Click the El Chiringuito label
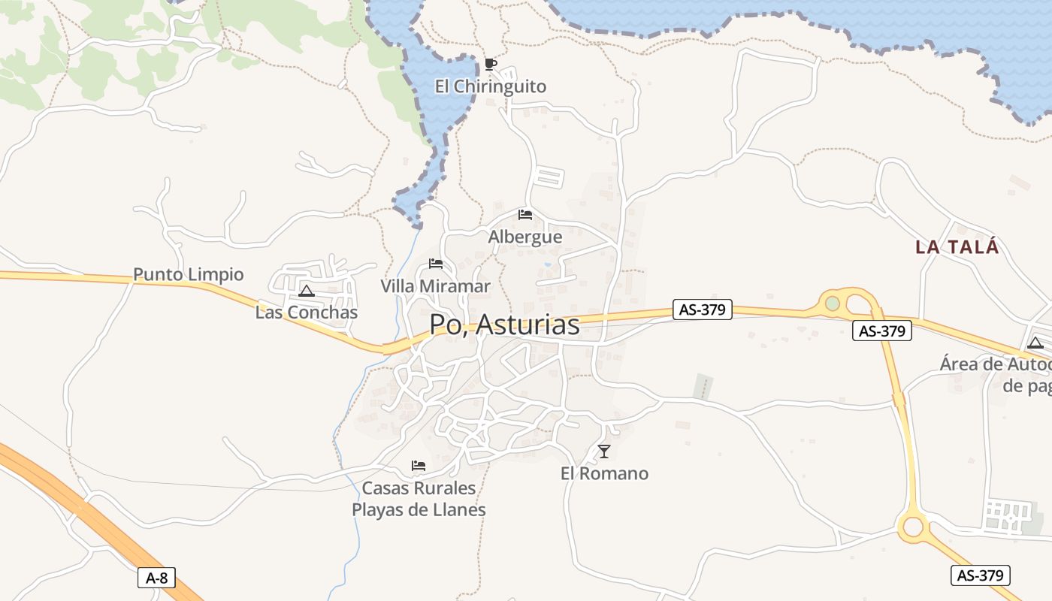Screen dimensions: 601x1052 point(491,87)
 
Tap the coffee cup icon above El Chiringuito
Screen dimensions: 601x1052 point(491,64)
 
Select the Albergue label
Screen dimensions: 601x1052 point(525,237)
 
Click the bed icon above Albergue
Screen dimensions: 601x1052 point(525,215)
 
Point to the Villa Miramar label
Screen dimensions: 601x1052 point(435,286)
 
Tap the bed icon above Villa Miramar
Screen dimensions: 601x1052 point(436,264)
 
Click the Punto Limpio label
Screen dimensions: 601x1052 point(189,274)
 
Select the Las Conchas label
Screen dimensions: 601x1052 point(307,313)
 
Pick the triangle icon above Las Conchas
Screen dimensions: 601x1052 point(306,291)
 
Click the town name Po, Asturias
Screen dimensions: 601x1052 point(504,325)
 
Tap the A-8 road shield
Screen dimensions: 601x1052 point(157,578)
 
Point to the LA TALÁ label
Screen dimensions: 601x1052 point(957,247)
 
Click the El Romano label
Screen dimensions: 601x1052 point(604,473)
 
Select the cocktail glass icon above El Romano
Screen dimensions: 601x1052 point(604,452)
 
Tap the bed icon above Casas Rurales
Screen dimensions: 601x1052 point(419,466)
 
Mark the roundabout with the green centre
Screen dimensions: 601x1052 point(833,303)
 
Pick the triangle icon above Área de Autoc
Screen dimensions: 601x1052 point(1035,343)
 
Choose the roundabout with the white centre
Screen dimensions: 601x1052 point(913,526)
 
